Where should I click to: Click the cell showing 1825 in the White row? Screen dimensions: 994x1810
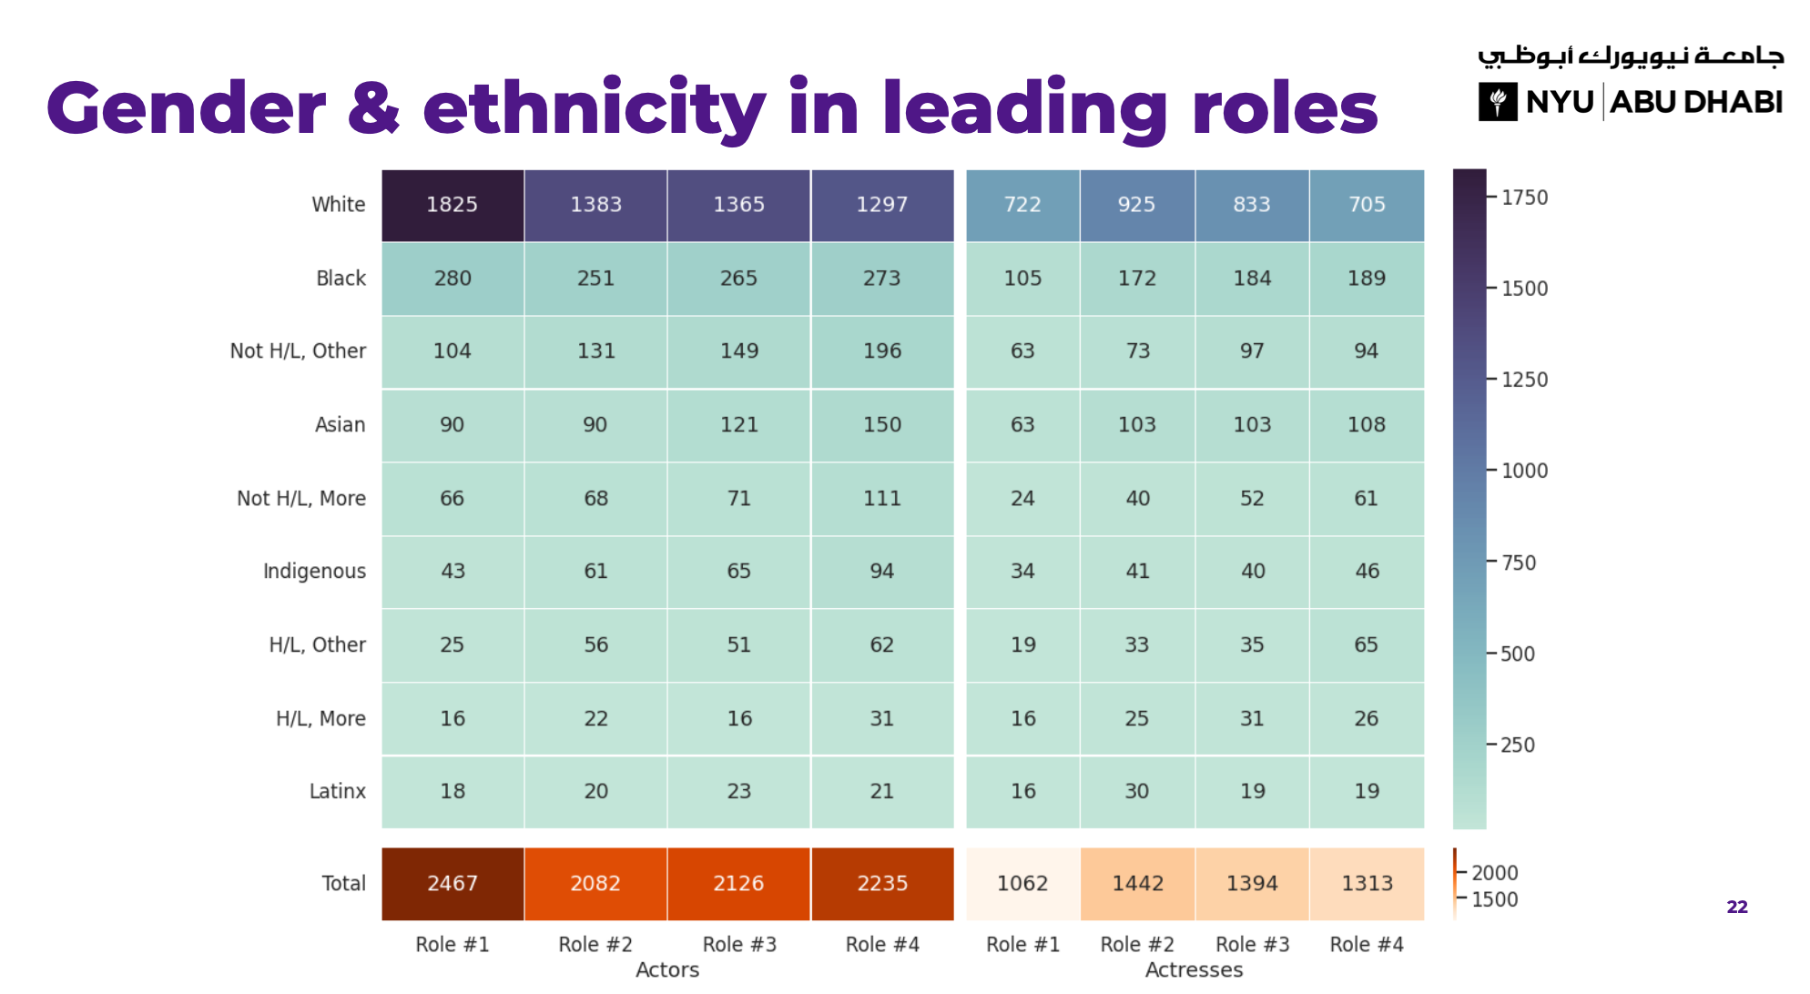tap(452, 205)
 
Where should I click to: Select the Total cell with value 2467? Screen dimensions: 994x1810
tap(452, 884)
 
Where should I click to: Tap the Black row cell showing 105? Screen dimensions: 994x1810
tap(1022, 279)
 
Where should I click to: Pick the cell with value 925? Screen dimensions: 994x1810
tap(1137, 205)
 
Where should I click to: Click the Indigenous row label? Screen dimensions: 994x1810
tap(314, 572)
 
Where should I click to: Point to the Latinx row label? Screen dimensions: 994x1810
tap(337, 792)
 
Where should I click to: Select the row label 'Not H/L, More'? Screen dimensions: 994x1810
tap(300, 499)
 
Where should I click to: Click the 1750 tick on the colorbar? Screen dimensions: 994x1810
tap(1524, 198)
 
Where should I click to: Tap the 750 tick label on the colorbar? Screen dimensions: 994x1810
tap(1518, 563)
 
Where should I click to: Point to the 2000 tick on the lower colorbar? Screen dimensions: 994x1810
tap(1494, 873)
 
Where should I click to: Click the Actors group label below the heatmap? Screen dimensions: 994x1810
tap(667, 970)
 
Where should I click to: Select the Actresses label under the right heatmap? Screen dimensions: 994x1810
tap(1194, 970)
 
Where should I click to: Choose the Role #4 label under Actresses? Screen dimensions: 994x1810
tap(1367, 945)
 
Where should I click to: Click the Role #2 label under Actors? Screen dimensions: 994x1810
tap(595, 945)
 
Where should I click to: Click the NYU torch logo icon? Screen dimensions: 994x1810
tap(1498, 102)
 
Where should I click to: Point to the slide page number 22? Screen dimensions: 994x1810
tap(1737, 907)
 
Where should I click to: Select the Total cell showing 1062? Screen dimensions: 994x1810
tap(1022, 884)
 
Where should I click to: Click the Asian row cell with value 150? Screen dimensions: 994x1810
tap(882, 425)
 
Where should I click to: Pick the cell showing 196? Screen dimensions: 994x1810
tap(882, 351)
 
